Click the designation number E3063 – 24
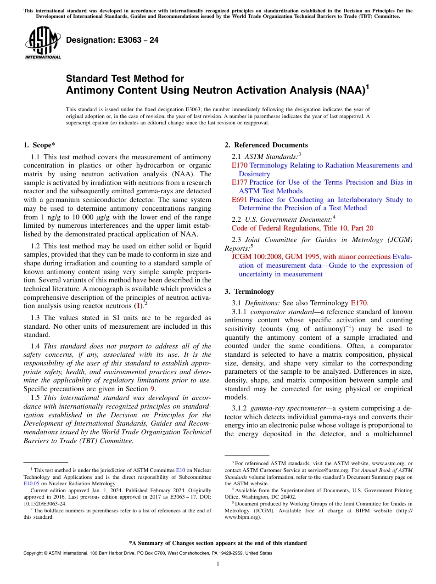click(112, 40)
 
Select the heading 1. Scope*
click(39, 145)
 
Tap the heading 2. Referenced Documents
click(266, 145)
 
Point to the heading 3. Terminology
click(249, 292)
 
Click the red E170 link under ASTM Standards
click(240, 165)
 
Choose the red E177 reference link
click(240, 182)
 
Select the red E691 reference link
click(240, 200)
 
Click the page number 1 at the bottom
click(218, 564)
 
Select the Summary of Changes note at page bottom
click(218, 543)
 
